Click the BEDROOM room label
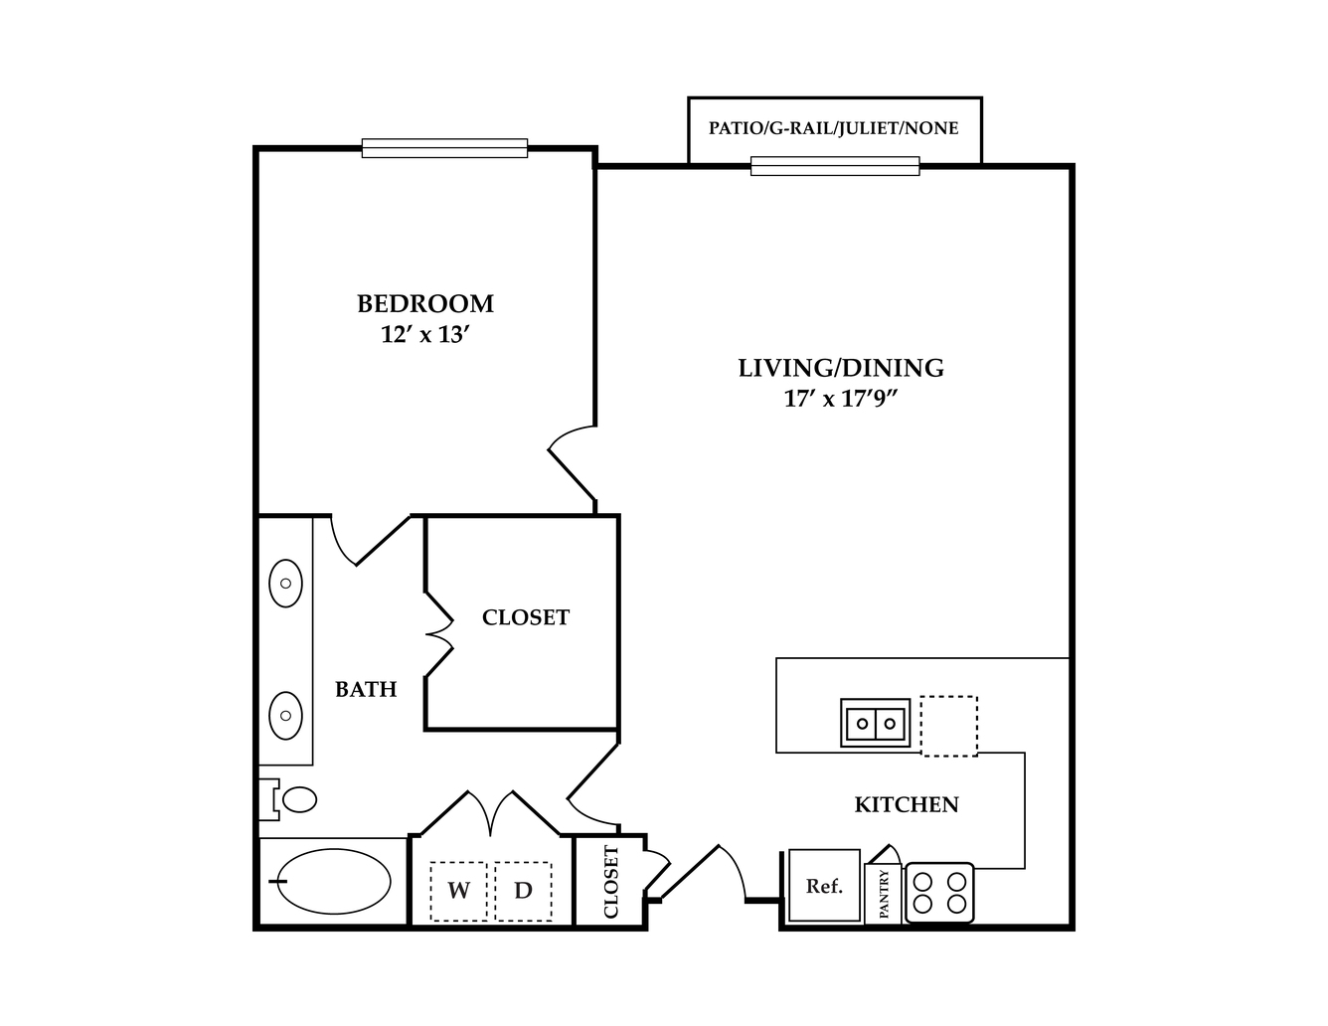[425, 303]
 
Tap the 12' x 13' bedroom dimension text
[425, 335]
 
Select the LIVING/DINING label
[841, 368]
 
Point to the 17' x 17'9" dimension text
[841, 399]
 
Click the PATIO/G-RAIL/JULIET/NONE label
[834, 128]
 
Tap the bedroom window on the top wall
[444, 148]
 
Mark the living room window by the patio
[835, 166]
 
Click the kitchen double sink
[875, 723]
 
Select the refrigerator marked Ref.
[824, 886]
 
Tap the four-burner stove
[939, 893]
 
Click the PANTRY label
[884, 894]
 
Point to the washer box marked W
[458, 891]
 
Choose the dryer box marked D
[523, 891]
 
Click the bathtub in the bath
[334, 881]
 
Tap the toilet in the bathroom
[288, 799]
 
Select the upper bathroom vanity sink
[285, 583]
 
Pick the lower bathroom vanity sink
[285, 715]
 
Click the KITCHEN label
[907, 804]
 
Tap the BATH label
[366, 689]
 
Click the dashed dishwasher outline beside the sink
[948, 726]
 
